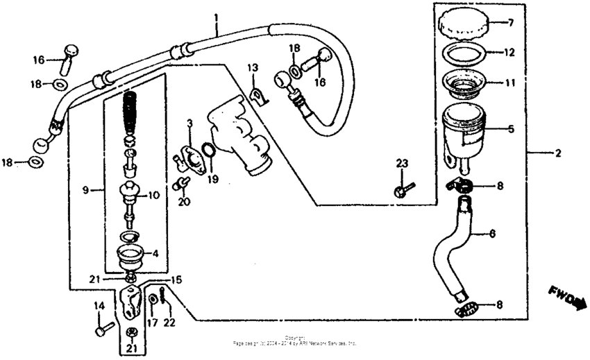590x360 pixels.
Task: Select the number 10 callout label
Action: (153, 196)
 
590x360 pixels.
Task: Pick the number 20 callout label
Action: (183, 202)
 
